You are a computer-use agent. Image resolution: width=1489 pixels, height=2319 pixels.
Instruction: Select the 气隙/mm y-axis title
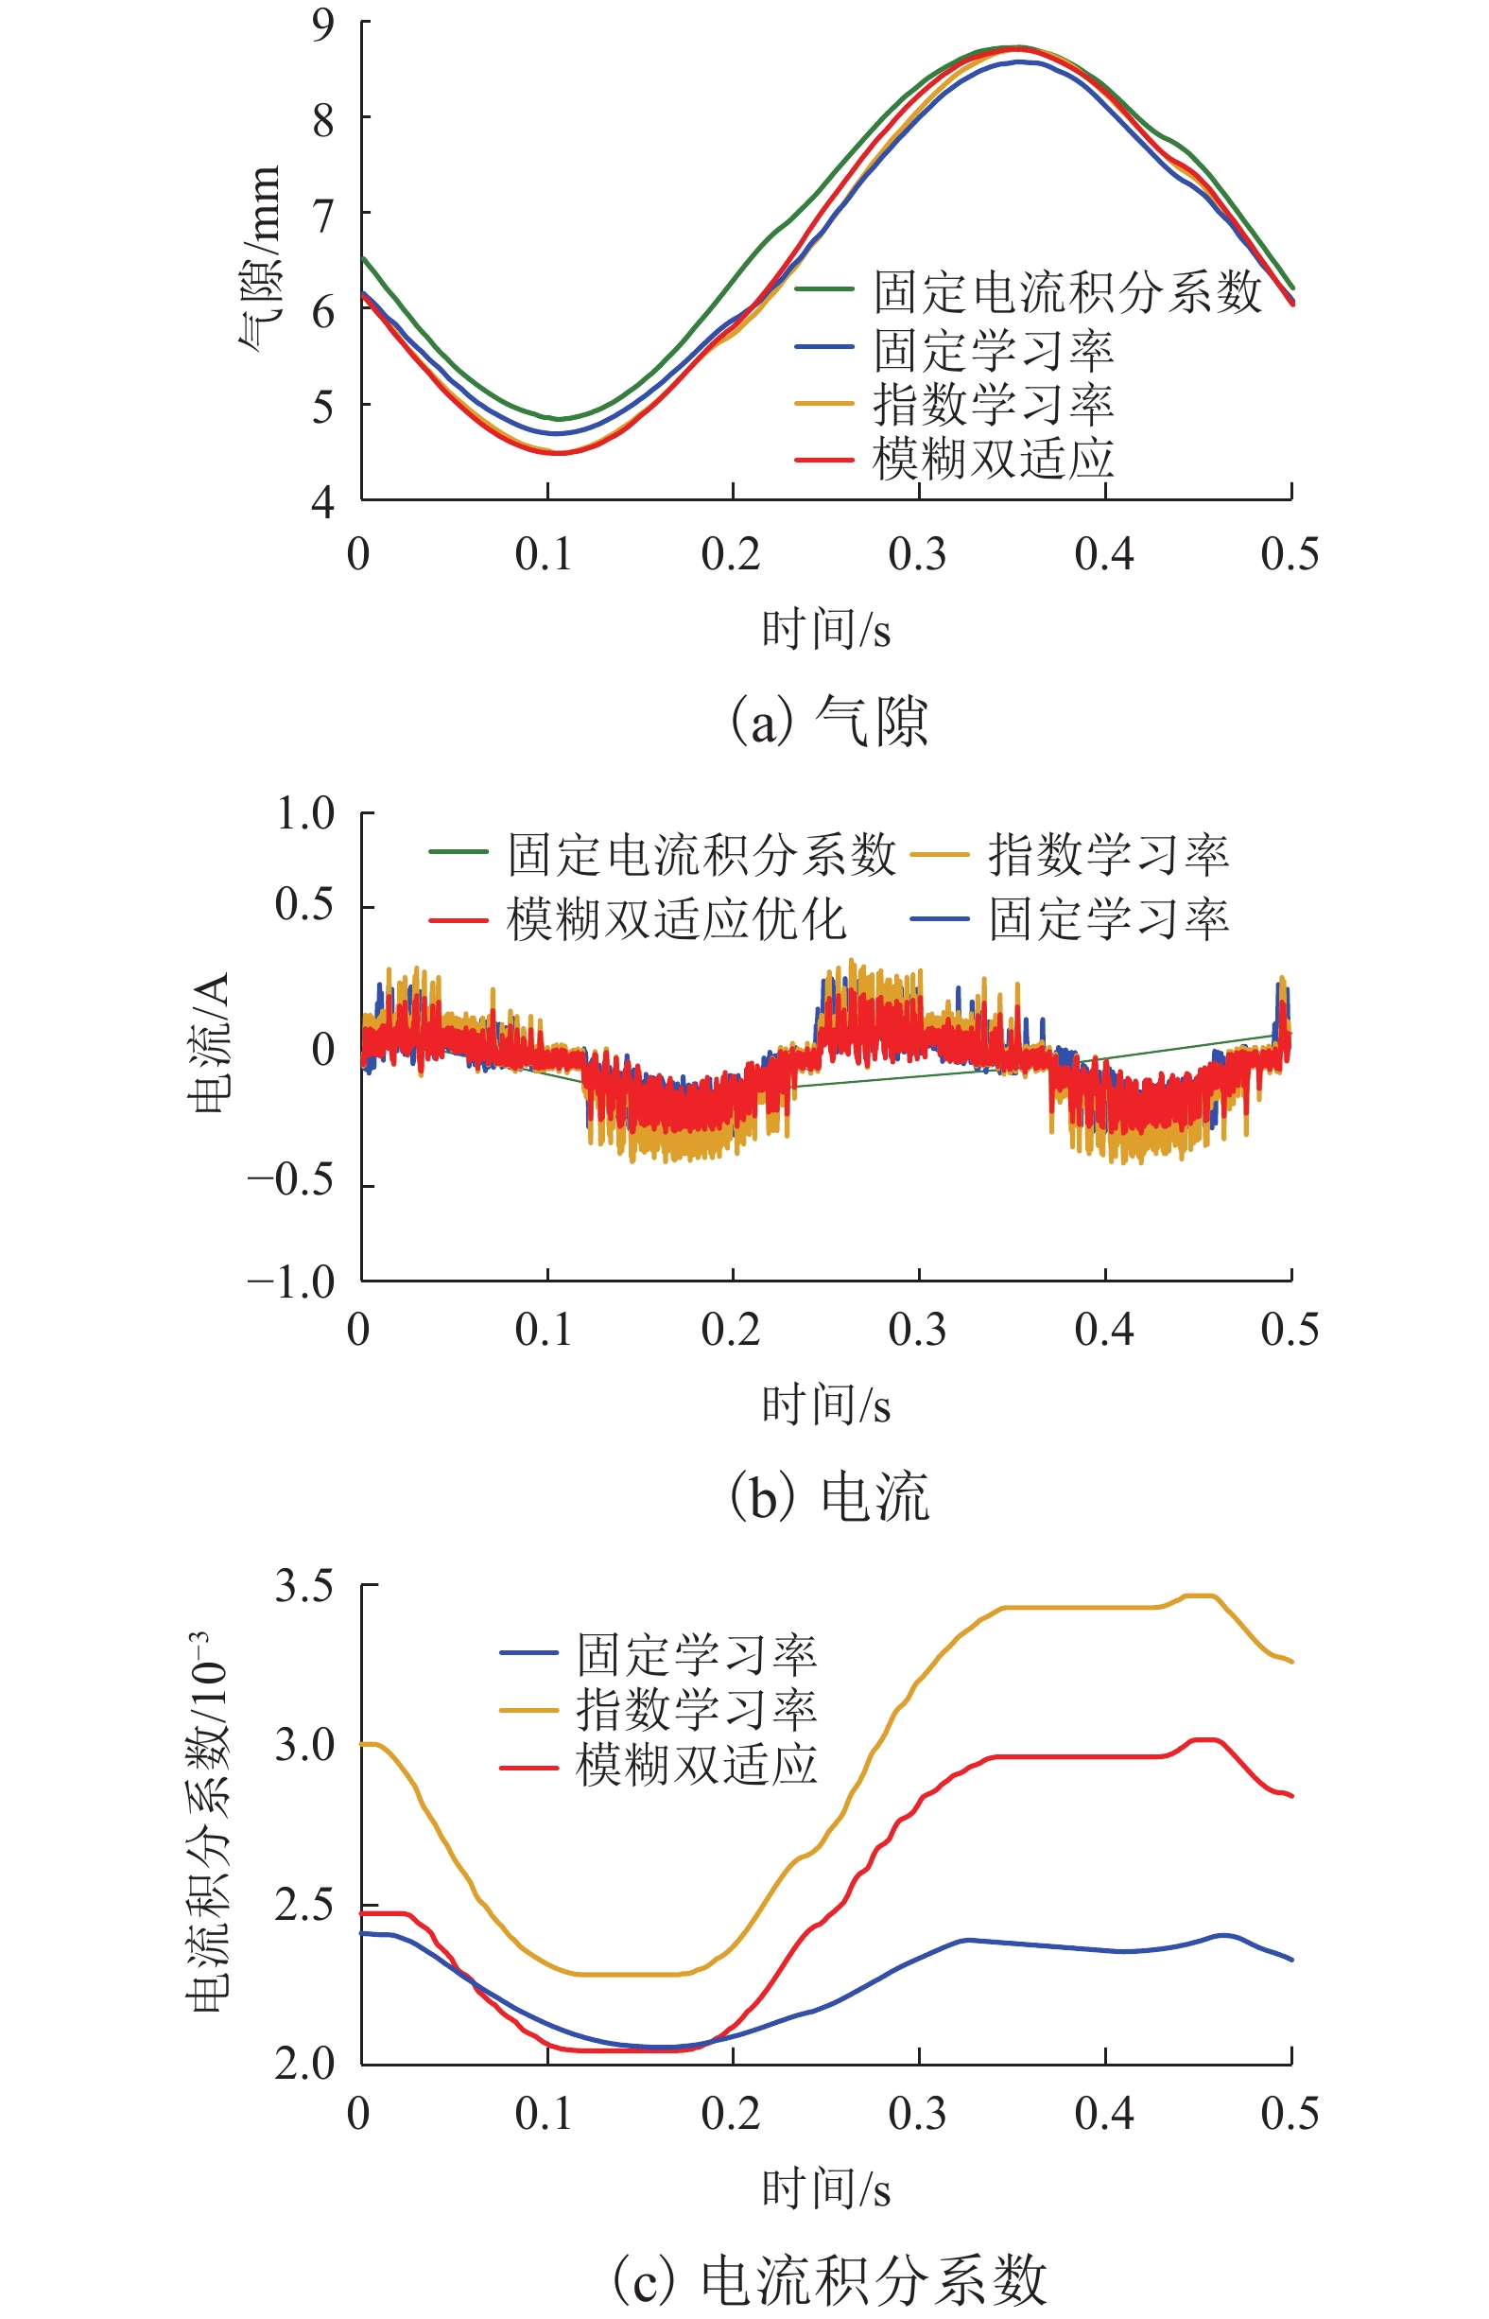[x=259, y=259]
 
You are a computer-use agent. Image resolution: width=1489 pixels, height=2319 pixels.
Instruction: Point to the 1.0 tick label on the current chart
[x=305, y=814]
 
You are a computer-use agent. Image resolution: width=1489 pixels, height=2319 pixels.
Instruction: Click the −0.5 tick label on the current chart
[x=291, y=1180]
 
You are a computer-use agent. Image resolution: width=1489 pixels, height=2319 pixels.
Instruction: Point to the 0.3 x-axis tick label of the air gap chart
[x=917, y=554]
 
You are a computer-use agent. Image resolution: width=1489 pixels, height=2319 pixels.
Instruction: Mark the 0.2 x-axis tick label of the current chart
[x=730, y=1330]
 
